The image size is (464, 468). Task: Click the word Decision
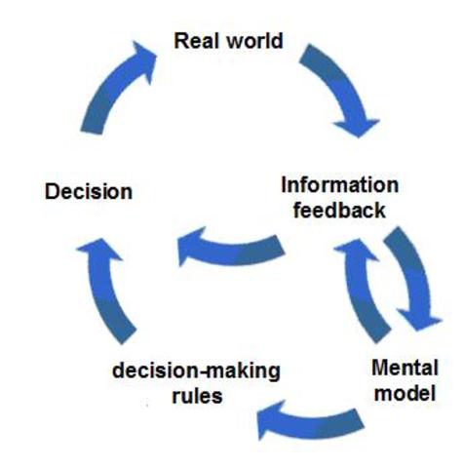[x=88, y=191]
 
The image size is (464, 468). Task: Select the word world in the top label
[x=252, y=41]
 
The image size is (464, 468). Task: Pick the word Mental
[x=406, y=370]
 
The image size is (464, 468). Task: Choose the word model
[x=406, y=394]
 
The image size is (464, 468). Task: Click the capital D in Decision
[x=52, y=191]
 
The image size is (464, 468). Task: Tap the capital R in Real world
[x=180, y=41]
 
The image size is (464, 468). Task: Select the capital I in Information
[x=285, y=185]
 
